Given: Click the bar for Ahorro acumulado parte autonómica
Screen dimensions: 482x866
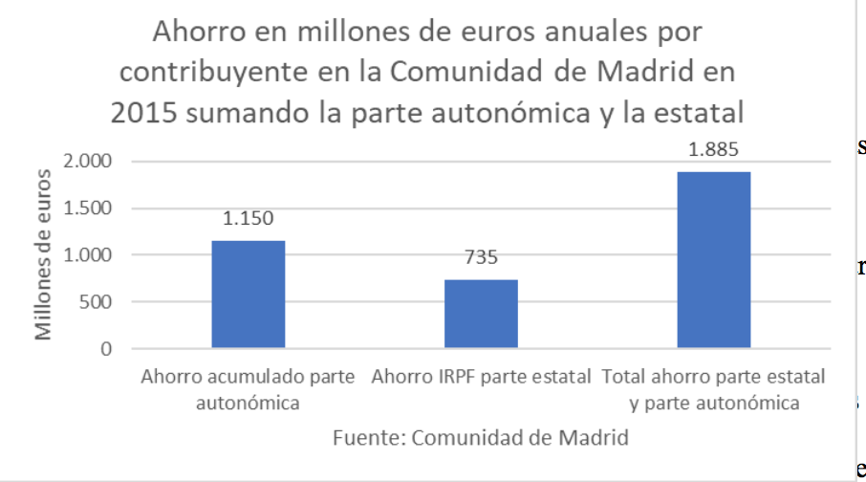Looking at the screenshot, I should [x=249, y=295].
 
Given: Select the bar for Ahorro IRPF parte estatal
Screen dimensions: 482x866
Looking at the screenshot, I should [x=482, y=314].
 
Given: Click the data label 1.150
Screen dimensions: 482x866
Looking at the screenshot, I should [x=249, y=219].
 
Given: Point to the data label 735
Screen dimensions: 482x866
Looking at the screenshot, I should [x=483, y=257].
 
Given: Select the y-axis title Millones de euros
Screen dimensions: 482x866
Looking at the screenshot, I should [x=44, y=253].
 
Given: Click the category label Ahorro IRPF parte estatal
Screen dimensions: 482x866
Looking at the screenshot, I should [x=482, y=376].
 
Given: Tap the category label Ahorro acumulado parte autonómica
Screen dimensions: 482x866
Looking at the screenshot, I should [x=249, y=388].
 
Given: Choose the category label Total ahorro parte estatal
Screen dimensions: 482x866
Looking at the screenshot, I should [x=715, y=388].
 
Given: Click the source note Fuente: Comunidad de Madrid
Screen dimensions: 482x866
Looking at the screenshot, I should [x=481, y=439].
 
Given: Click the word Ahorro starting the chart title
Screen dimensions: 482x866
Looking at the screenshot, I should [x=202, y=33].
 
